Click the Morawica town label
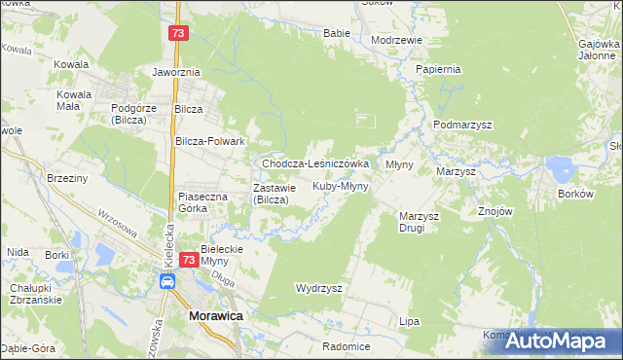[x=215, y=317]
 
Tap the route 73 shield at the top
[x=176, y=33]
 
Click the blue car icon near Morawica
[x=167, y=281]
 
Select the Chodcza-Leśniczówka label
[x=314, y=164]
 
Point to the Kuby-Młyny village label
[x=340, y=185]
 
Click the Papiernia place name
[x=437, y=70]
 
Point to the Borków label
[x=575, y=194]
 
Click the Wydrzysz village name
[x=318, y=288]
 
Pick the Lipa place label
[x=409, y=320]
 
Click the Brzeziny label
[x=67, y=178]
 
